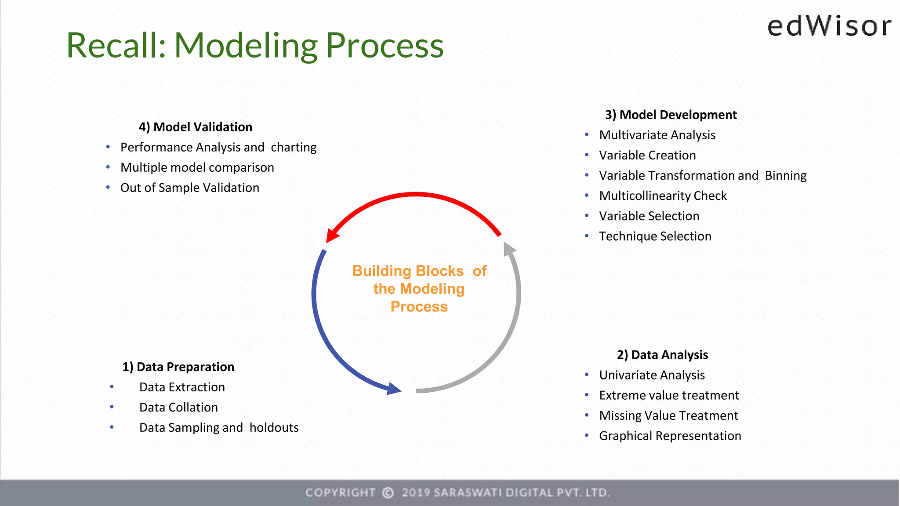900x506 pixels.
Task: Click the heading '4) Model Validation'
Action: [196, 127]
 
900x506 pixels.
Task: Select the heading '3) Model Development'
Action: [671, 115]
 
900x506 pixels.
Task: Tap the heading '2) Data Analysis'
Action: [662, 355]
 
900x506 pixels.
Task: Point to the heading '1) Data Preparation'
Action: [178, 367]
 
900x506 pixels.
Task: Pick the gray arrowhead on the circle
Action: [508, 249]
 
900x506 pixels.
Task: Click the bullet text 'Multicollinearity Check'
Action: [663, 195]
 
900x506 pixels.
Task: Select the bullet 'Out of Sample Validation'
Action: [190, 188]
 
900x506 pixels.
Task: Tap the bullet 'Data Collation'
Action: [178, 407]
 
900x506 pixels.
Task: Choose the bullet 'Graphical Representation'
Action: [670, 436]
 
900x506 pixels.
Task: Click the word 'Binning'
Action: [786, 175]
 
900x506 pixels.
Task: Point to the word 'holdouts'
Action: [274, 427]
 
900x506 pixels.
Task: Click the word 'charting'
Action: [294, 147]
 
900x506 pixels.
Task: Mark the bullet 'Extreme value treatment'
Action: [669, 395]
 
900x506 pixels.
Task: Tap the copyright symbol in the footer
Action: [388, 493]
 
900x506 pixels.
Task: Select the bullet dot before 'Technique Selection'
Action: [587, 236]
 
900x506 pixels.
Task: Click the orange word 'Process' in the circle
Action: [419, 307]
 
